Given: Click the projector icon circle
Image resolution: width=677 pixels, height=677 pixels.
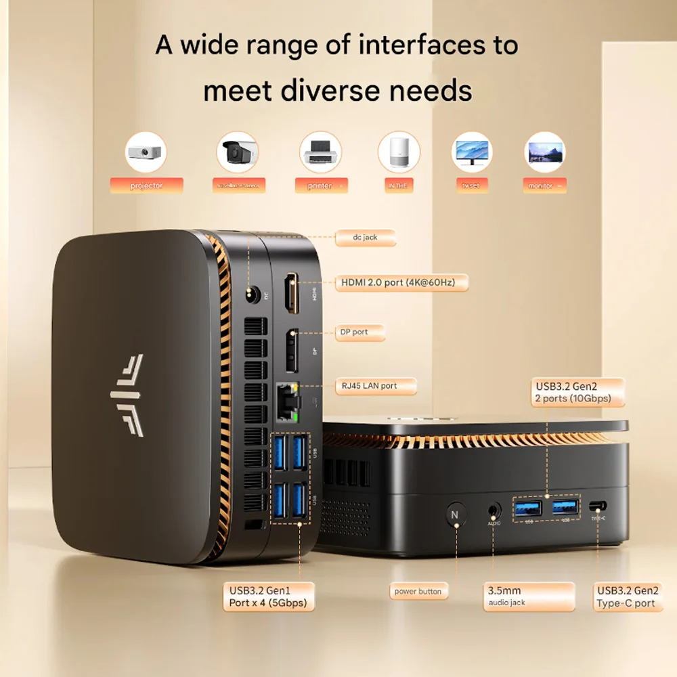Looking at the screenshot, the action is (x=146, y=152).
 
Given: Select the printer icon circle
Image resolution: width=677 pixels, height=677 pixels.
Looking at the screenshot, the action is (x=320, y=152).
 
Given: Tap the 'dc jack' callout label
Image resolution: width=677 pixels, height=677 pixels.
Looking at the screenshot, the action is (x=366, y=238).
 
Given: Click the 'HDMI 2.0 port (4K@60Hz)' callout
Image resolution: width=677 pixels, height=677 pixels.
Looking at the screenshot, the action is (x=401, y=282).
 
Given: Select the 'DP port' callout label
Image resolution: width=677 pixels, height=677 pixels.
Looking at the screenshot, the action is (x=360, y=332).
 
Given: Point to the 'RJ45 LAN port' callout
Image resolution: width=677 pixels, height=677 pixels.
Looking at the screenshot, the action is (x=375, y=386).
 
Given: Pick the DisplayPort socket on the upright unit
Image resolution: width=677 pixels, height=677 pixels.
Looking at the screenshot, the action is (x=292, y=351).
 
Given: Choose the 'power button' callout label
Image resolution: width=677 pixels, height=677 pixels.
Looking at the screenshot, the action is (x=418, y=592).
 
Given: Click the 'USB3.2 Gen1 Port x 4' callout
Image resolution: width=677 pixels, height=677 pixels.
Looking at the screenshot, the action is (x=268, y=596).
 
